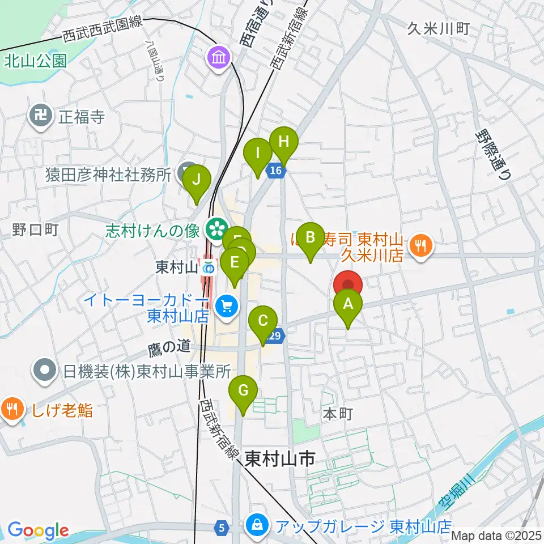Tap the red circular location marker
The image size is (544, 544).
click(347, 284)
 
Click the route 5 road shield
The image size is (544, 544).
click(222, 528)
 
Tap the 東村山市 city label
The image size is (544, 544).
click(280, 458)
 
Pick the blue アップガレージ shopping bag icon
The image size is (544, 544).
click(257, 525)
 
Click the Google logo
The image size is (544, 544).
click(38, 531)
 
